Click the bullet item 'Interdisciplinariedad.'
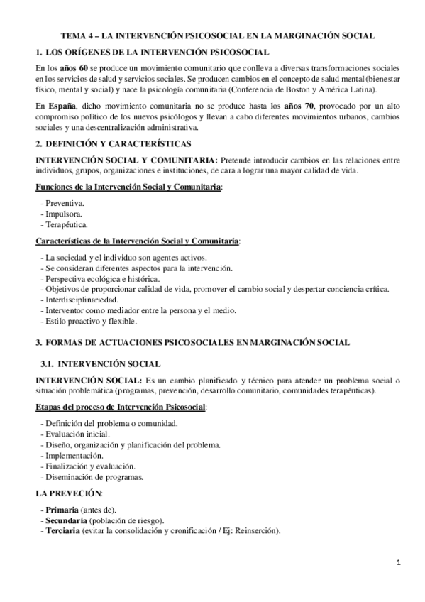84,300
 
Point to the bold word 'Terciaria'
63,531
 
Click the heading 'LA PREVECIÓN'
69,493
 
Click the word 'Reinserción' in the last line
258,531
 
